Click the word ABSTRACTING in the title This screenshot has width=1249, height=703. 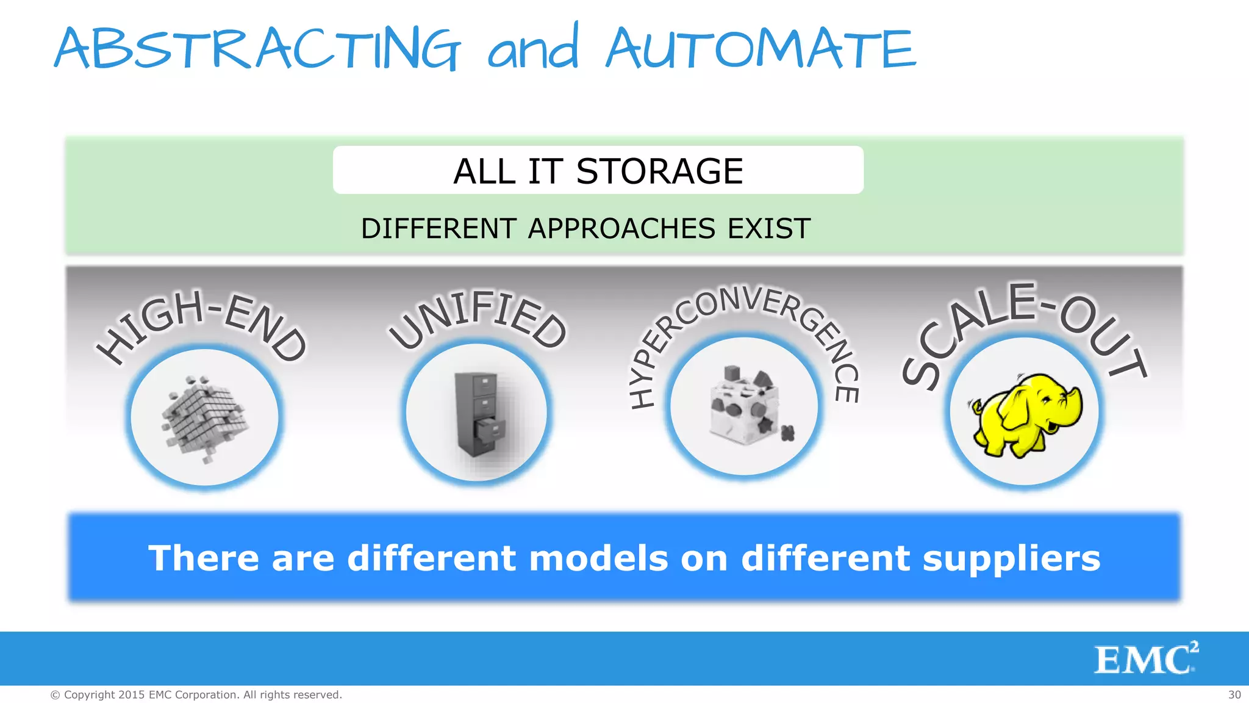point(256,49)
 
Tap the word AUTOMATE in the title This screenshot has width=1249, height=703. point(761,49)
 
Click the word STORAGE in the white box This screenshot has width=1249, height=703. point(659,171)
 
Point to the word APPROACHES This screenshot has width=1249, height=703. point(621,229)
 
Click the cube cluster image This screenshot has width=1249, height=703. point(204,418)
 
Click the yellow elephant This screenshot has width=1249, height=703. point(1025,415)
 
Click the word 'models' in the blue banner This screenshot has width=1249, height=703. point(598,558)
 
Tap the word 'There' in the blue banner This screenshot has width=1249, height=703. point(203,558)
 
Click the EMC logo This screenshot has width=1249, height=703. point(1145,659)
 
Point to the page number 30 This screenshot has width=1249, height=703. point(1234,695)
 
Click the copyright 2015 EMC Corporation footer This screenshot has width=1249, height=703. point(196,695)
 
